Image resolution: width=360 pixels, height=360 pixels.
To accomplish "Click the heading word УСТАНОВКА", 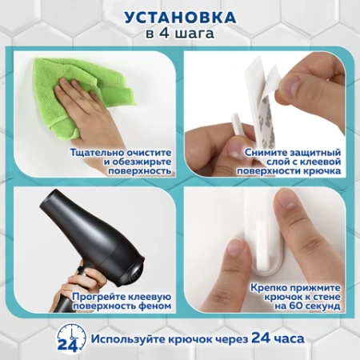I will click(180, 16).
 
